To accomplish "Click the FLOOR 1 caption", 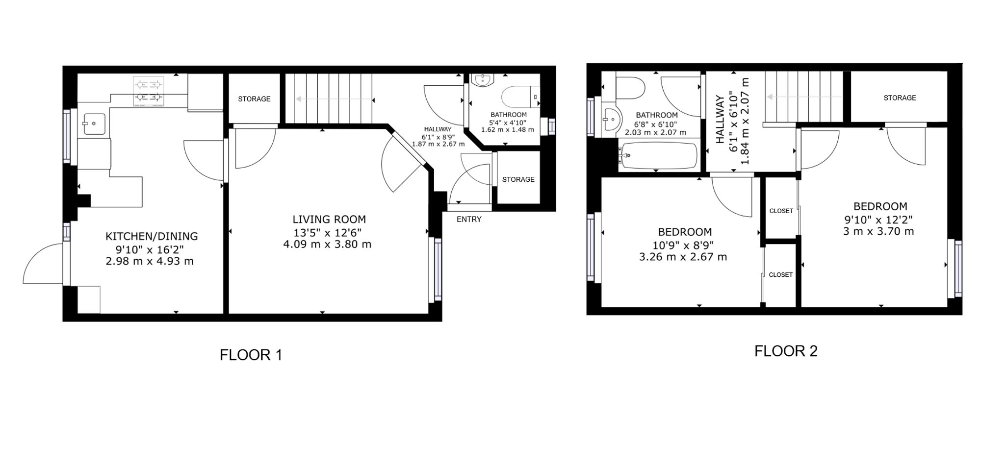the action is [251, 355].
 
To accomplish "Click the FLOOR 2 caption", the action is [786, 351].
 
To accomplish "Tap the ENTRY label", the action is [469, 219].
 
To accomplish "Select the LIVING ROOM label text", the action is [329, 219].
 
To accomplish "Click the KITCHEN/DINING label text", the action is [152, 236].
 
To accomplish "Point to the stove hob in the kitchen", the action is [148, 91].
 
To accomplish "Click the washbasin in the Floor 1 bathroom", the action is [483, 80].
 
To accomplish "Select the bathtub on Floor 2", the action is [658, 155].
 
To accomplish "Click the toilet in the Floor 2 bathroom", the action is [630, 88].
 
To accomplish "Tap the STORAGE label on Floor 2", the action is [900, 98].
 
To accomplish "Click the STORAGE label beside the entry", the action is [518, 179].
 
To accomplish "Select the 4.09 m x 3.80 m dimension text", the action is [327, 244].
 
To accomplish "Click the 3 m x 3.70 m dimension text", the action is [878, 231].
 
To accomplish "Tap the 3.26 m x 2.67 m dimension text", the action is [683, 257].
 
